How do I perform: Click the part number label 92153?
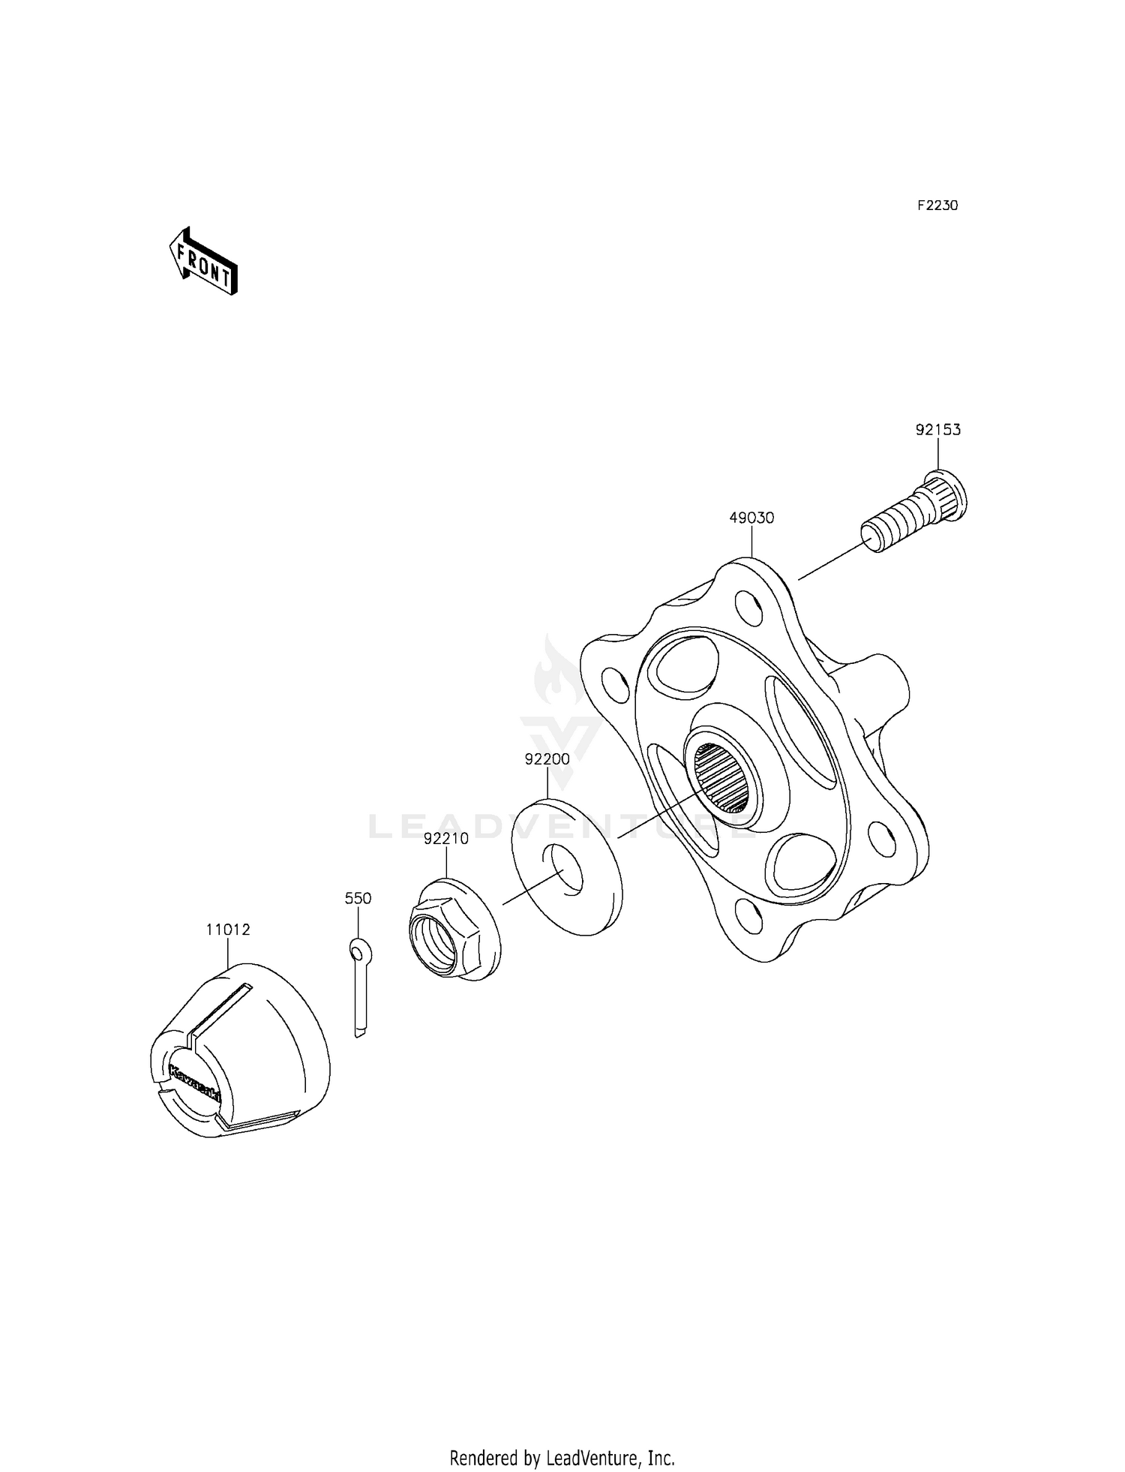click(x=937, y=430)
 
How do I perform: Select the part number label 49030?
click(x=751, y=518)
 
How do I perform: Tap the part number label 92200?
click(x=547, y=759)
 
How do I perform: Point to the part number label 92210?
click(x=445, y=839)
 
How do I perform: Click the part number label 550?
click(x=358, y=898)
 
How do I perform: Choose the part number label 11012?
click(x=228, y=930)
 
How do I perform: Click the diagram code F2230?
click(x=937, y=206)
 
